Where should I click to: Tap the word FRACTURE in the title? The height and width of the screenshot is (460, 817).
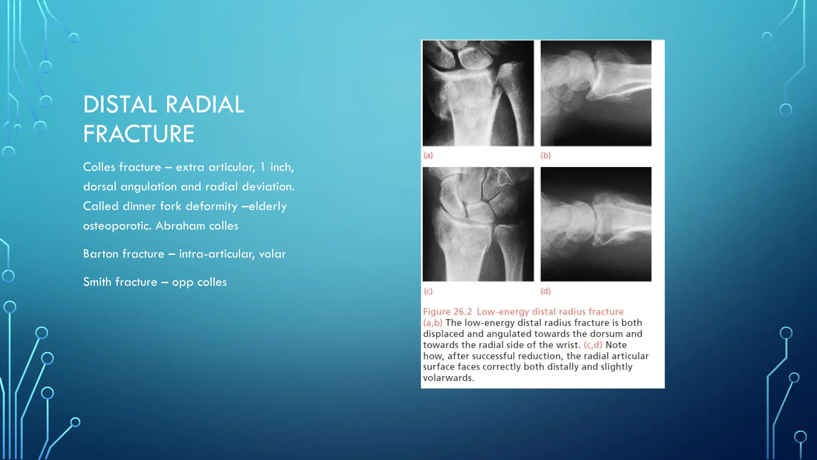pyautogui.click(x=138, y=134)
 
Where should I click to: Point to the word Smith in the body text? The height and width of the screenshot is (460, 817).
pyautogui.click(x=97, y=282)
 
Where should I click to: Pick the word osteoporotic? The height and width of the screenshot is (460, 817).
pyautogui.click(x=117, y=226)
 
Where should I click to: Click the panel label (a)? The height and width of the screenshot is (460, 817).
pyautogui.click(x=428, y=155)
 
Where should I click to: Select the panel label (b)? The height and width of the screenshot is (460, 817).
pyautogui.click(x=545, y=155)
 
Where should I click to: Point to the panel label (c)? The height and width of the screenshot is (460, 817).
pyautogui.click(x=428, y=291)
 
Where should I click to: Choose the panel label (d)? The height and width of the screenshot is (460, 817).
pyautogui.click(x=545, y=291)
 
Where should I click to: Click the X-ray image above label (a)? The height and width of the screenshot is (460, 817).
pyautogui.click(x=478, y=93)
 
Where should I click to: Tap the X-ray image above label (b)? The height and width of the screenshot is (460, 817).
pyautogui.click(x=596, y=93)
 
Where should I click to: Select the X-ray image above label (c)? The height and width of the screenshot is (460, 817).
pyautogui.click(x=478, y=224)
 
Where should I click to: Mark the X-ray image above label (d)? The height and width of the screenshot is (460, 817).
pyautogui.click(x=596, y=224)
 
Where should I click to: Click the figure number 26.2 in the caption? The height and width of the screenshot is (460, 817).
pyautogui.click(x=462, y=312)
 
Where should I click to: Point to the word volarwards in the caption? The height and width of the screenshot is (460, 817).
pyautogui.click(x=448, y=378)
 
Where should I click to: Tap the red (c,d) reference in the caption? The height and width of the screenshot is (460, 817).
pyautogui.click(x=593, y=345)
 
